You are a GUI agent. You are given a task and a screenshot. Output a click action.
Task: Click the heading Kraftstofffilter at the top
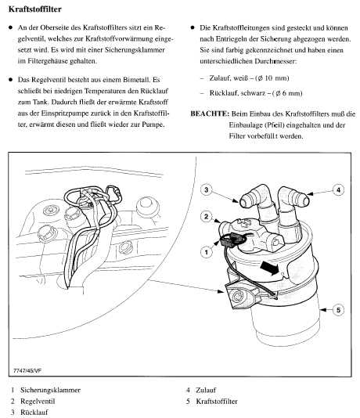pos(35,9)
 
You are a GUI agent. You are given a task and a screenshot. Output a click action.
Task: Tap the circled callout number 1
pos(207,251)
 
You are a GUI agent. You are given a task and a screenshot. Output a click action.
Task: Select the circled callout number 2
pos(206,217)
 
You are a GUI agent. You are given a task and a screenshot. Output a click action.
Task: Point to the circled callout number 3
pos(206,189)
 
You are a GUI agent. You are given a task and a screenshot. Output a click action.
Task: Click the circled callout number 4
pos(338,189)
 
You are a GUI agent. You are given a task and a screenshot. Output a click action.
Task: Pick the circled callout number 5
pos(338,310)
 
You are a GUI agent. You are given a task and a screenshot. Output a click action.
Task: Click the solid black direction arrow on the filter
pos(269,268)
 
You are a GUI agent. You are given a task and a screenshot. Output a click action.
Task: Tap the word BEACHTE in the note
pos(210,114)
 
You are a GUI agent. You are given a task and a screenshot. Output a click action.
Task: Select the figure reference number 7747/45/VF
pos(27,370)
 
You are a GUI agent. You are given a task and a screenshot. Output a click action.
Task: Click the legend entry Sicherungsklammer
pos(50,390)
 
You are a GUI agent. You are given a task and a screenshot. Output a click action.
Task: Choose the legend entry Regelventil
pos(38,402)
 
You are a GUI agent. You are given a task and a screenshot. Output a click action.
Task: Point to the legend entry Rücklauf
pos(34,413)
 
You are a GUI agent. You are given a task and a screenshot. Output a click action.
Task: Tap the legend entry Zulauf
pos(206,390)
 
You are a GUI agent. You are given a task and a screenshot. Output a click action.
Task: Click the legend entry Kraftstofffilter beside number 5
pos(217,402)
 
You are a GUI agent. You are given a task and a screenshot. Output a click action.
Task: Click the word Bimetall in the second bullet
pos(136,80)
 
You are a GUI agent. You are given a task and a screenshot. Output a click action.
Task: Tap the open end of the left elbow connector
pos(245,202)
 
